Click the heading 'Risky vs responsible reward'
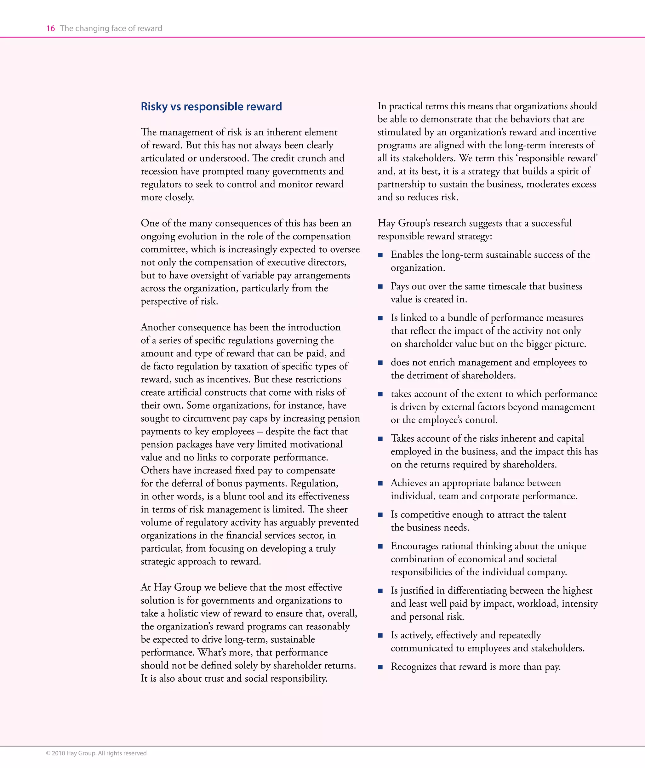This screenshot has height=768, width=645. click(211, 106)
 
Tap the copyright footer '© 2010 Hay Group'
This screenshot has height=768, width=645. click(96, 753)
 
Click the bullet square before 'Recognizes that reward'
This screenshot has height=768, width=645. click(380, 667)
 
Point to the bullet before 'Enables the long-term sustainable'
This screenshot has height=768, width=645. click(380, 255)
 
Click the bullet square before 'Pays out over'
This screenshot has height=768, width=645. click(380, 287)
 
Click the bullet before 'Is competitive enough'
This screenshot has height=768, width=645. click(380, 515)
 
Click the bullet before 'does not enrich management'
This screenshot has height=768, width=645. click(380, 363)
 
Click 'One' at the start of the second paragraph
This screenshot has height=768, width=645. click(150, 223)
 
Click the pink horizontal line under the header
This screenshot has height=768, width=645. click(322, 37)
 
